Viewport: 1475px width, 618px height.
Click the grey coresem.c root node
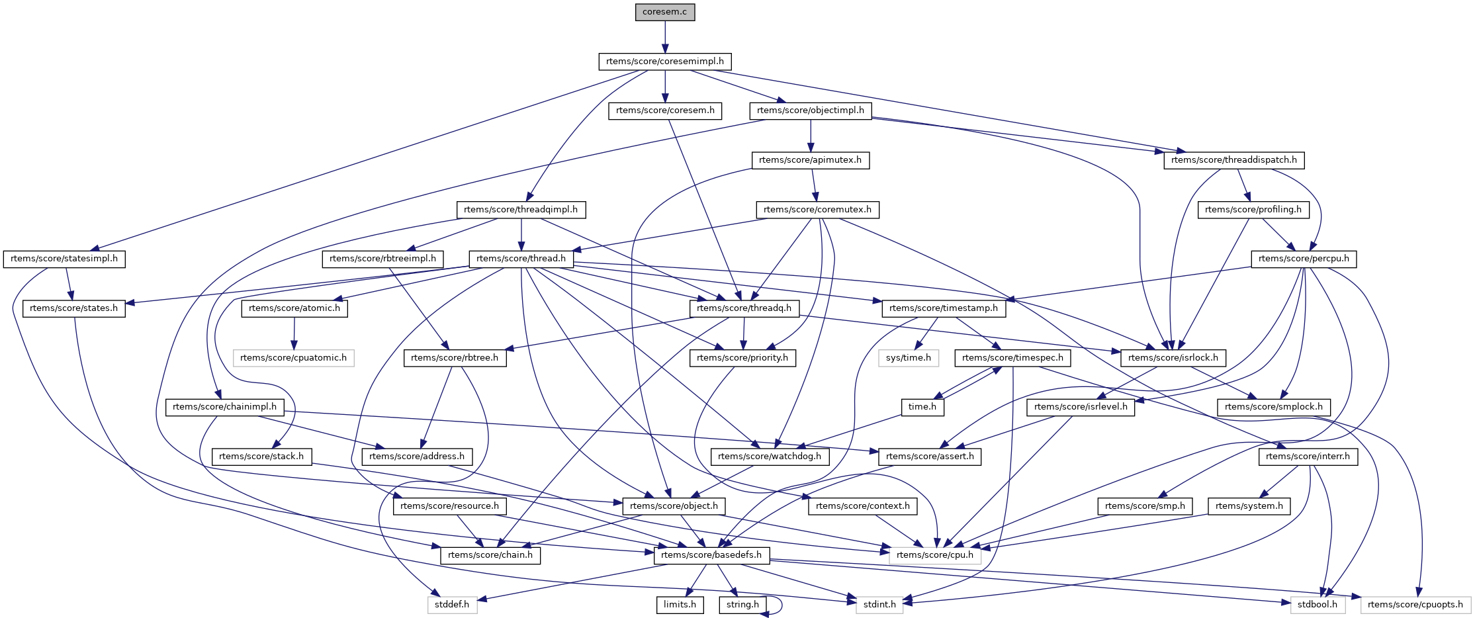[664, 12]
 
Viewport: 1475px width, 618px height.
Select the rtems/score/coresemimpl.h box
[664, 62]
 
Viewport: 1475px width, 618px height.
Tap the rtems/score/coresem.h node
[664, 110]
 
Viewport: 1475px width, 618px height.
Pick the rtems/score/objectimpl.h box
[810, 110]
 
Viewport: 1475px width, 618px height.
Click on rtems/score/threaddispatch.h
[1233, 160]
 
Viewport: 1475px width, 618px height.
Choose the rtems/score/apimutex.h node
[810, 160]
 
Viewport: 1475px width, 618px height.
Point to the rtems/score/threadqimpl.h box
[521, 210]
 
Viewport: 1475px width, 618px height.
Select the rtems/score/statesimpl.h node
[64, 259]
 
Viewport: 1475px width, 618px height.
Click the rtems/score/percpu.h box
[1303, 259]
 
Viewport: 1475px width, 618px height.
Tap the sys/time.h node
[908, 358]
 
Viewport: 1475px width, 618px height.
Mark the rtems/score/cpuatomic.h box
[293, 358]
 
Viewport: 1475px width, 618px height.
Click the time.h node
[922, 407]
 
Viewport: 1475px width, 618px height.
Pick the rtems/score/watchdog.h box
[769, 457]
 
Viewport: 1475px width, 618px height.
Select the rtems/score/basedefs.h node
[711, 555]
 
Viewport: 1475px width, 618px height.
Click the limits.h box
[680, 605]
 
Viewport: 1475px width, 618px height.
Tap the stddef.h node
[452, 605]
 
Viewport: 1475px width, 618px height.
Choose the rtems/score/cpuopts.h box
[1415, 605]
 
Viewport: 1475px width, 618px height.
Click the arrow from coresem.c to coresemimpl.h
[664, 36]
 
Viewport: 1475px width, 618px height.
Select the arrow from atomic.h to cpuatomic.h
[294, 333]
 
